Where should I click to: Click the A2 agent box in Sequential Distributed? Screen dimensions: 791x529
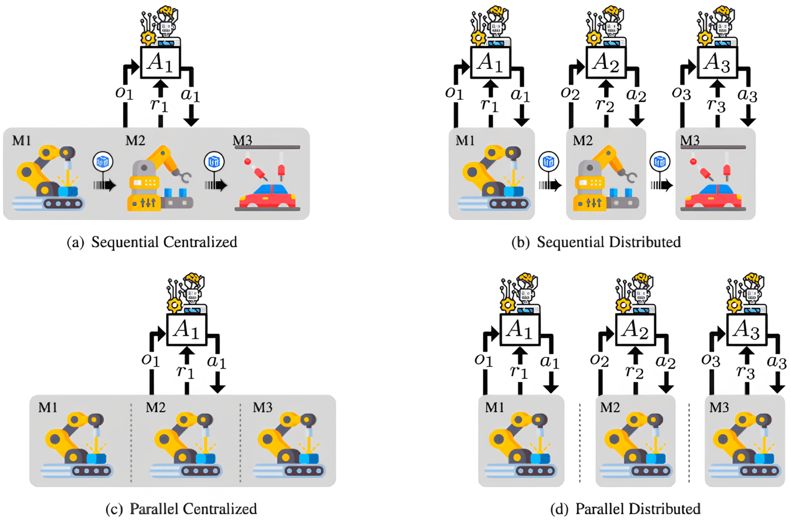point(606,63)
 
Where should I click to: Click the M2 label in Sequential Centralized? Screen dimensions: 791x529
point(135,140)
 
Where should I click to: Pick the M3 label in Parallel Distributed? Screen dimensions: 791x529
point(719,407)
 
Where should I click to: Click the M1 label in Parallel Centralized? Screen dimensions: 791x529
point(48,407)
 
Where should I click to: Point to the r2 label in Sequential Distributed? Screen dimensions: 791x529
point(605,105)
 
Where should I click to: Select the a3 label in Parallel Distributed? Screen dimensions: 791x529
point(777,362)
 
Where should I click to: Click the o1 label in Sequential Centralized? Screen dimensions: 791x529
point(124,93)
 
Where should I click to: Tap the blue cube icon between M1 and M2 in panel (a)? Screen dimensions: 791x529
point(103,162)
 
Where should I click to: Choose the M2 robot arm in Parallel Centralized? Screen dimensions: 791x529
point(186,445)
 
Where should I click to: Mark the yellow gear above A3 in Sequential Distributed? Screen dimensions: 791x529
point(705,38)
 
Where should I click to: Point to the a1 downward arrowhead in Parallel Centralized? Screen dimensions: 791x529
point(218,388)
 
